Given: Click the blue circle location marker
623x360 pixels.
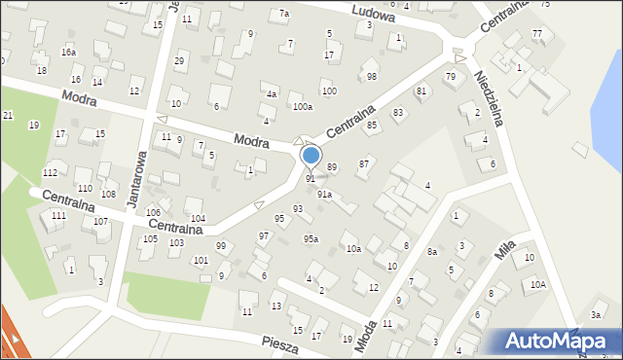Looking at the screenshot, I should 311,155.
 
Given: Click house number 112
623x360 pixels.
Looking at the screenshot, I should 50,172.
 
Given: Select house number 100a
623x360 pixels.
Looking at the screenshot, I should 303,107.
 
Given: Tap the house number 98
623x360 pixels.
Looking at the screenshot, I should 371,76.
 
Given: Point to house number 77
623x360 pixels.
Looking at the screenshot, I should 536,34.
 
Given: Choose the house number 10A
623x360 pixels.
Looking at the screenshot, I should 537,285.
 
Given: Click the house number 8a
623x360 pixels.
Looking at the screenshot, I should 431,252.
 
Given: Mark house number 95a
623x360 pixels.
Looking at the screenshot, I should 311,238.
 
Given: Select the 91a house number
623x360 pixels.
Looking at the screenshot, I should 324,195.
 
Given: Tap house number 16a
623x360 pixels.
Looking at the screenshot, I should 68,52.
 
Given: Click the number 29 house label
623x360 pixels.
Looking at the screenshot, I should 179,61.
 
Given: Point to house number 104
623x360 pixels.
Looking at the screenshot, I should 198,218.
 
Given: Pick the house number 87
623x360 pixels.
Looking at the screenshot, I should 363,163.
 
